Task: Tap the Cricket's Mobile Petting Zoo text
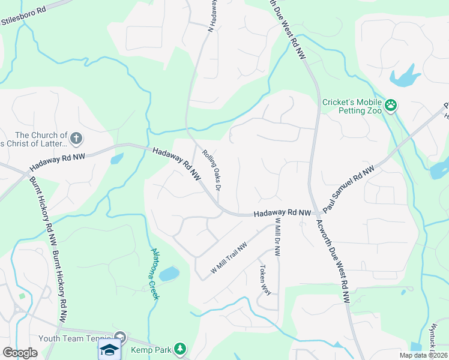coord(352,106)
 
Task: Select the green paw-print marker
coord(391,106)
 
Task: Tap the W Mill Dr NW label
coord(277,238)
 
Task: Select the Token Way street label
coord(265,280)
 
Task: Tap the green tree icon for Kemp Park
coord(180,349)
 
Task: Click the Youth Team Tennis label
coord(75,338)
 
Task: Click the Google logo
coord(20,353)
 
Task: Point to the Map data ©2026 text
coord(423,355)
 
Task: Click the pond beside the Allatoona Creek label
coord(170,274)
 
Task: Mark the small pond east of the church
coord(116,159)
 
